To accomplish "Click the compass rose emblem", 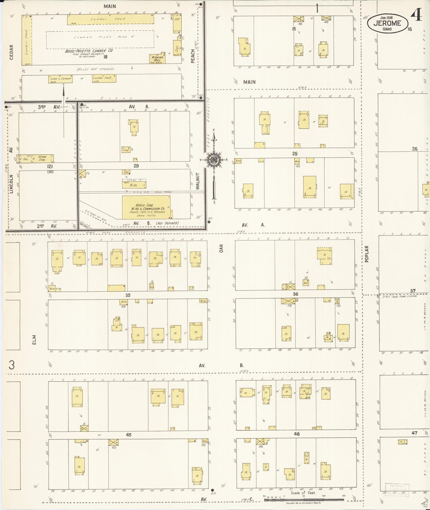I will (214, 160).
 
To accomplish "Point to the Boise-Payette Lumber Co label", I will (89, 51).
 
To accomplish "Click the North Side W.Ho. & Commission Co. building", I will (146, 207).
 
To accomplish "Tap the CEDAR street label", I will (12, 52).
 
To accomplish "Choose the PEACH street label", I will (193, 56).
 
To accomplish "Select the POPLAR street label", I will (367, 254).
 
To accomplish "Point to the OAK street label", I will (221, 248).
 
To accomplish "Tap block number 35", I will (128, 295).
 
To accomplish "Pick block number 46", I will (297, 434).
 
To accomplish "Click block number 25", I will (295, 154).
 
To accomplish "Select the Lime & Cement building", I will (60, 79).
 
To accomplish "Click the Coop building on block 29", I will (126, 150).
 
